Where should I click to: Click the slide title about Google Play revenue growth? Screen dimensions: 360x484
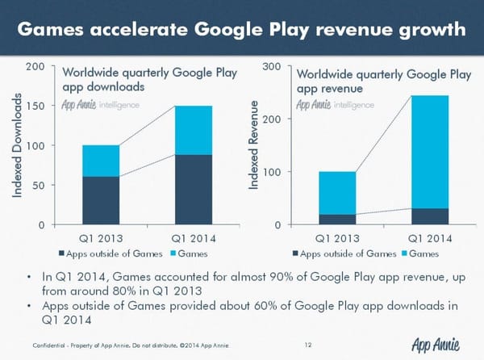242,30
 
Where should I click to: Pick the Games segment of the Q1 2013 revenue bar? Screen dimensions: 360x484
336,192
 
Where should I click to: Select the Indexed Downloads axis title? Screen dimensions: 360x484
17,145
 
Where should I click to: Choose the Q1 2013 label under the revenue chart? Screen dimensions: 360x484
336,238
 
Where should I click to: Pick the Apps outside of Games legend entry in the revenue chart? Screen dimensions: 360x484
348,253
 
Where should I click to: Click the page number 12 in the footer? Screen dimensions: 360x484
308,346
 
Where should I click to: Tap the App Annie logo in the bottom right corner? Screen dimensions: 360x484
435,345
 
